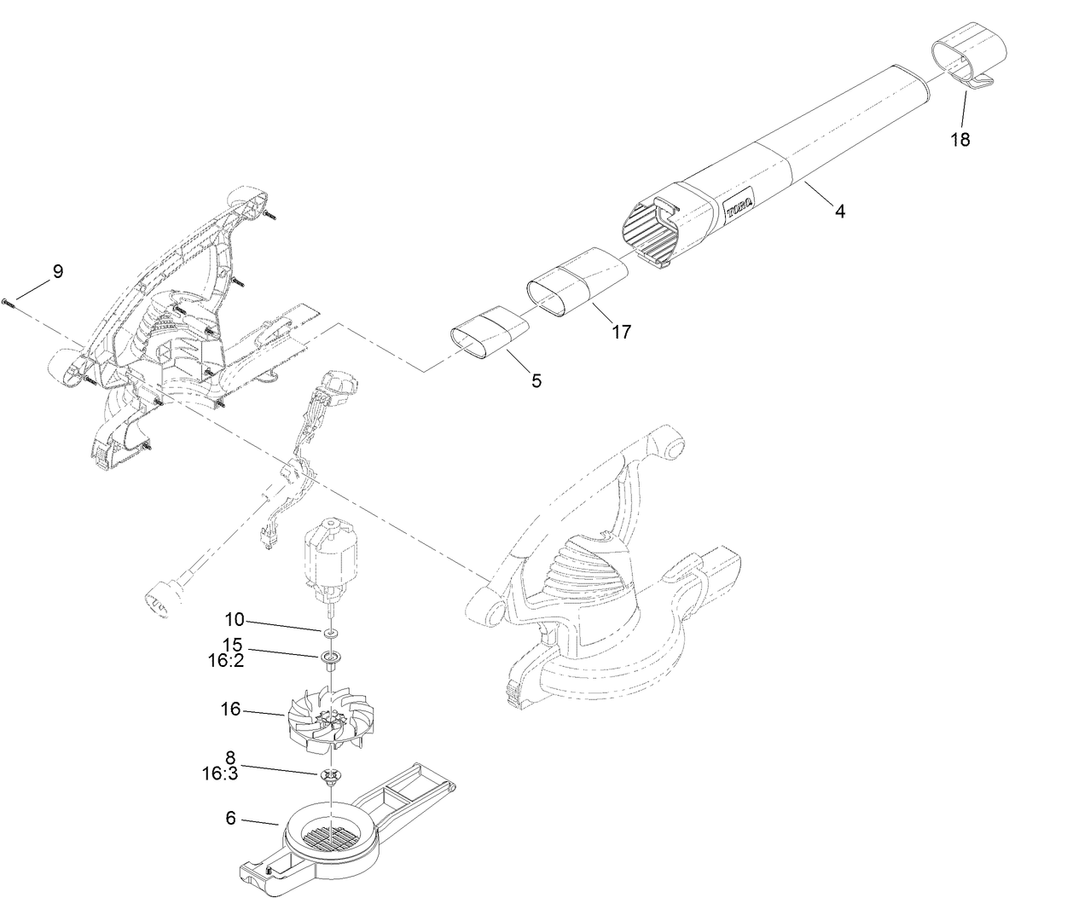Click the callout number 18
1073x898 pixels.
[x=960, y=140]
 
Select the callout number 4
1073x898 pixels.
[x=840, y=211]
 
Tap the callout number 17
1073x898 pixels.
[x=622, y=332]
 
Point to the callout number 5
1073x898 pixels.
[x=536, y=380]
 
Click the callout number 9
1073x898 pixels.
[x=57, y=272]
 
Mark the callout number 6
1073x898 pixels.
[x=231, y=818]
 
